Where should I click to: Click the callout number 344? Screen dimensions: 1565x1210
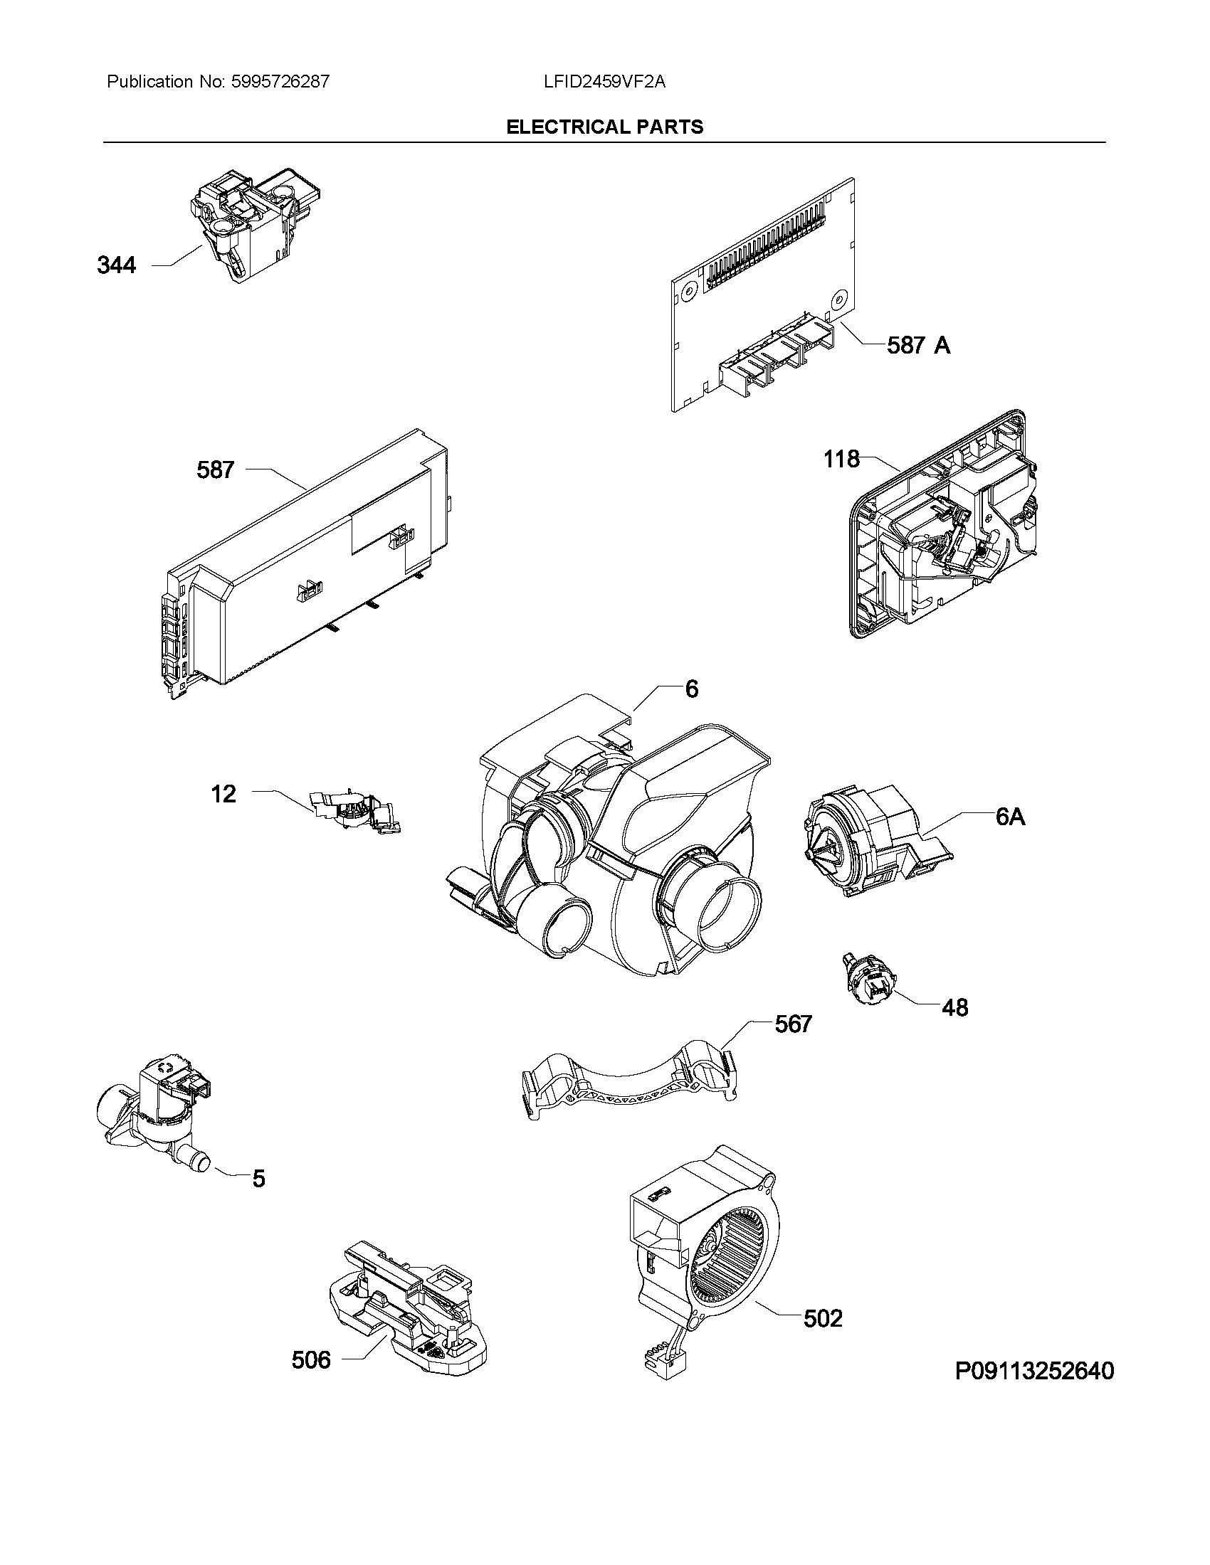coord(116,266)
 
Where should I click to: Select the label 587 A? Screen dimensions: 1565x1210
coord(918,346)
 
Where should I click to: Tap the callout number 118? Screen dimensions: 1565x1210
coord(841,459)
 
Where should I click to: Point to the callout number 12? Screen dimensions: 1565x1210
coord(223,794)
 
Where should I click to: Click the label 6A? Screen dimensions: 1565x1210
coord(1011,816)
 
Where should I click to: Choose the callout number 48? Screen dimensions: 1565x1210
coord(954,1008)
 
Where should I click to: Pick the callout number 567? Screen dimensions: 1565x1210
coord(793,1024)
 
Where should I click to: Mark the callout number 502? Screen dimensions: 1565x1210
coord(823,1318)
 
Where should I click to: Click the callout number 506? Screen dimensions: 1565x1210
coord(311,1359)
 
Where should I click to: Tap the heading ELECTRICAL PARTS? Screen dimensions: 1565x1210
coord(604,127)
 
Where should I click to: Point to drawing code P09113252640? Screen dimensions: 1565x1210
coord(1034,1371)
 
